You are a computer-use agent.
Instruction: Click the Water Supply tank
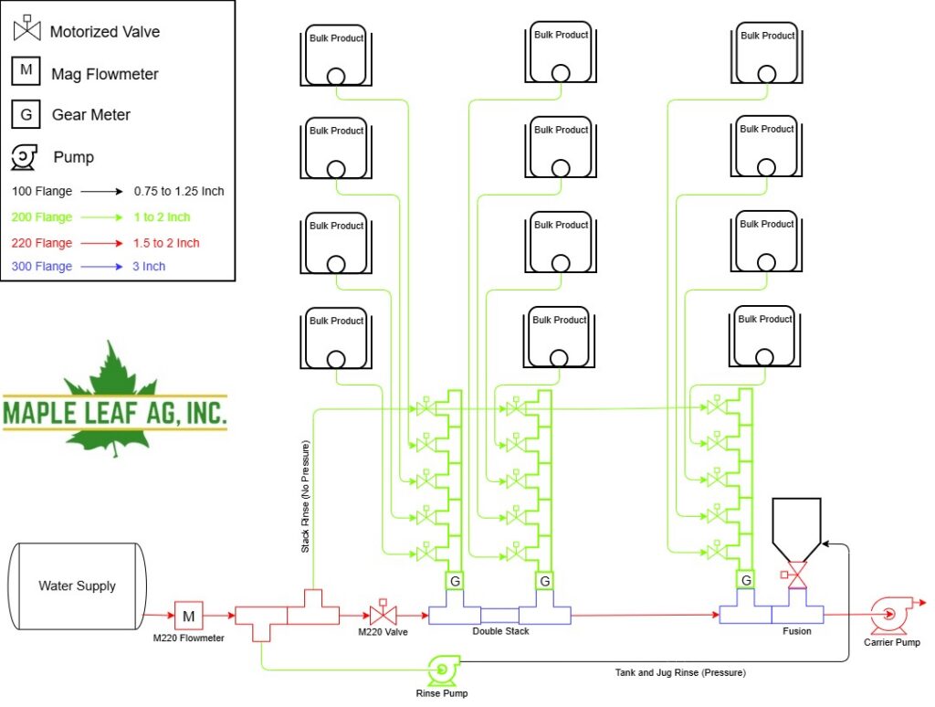pyautogui.click(x=77, y=586)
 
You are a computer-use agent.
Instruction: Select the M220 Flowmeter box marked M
pyautogui.click(x=188, y=616)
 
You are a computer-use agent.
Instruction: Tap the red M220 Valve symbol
pyautogui.click(x=383, y=614)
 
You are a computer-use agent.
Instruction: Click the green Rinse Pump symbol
pyautogui.click(x=443, y=670)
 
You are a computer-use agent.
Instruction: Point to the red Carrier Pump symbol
pyautogui.click(x=888, y=615)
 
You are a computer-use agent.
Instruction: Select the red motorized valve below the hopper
pyautogui.click(x=795, y=575)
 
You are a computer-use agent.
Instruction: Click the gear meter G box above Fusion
pyautogui.click(x=746, y=580)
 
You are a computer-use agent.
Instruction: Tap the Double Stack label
pyautogui.click(x=500, y=631)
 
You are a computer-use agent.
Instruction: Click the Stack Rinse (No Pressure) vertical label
pyautogui.click(x=305, y=496)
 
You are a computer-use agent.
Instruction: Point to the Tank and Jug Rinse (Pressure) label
pyautogui.click(x=680, y=672)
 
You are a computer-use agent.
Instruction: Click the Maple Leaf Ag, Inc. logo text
pyautogui.click(x=114, y=413)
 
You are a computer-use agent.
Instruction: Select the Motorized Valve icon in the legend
pyautogui.click(x=26, y=28)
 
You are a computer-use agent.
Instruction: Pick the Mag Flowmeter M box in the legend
pyautogui.click(x=26, y=70)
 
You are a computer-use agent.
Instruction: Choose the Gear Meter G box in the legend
pyautogui.click(x=26, y=114)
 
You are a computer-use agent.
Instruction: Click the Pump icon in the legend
pyautogui.click(x=24, y=157)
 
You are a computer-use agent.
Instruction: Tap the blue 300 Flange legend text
pyautogui.click(x=42, y=266)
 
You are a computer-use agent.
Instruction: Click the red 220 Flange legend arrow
pyautogui.click(x=101, y=243)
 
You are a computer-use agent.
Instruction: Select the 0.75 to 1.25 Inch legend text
pyautogui.click(x=179, y=192)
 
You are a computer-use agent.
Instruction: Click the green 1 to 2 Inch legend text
pyautogui.click(x=162, y=217)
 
